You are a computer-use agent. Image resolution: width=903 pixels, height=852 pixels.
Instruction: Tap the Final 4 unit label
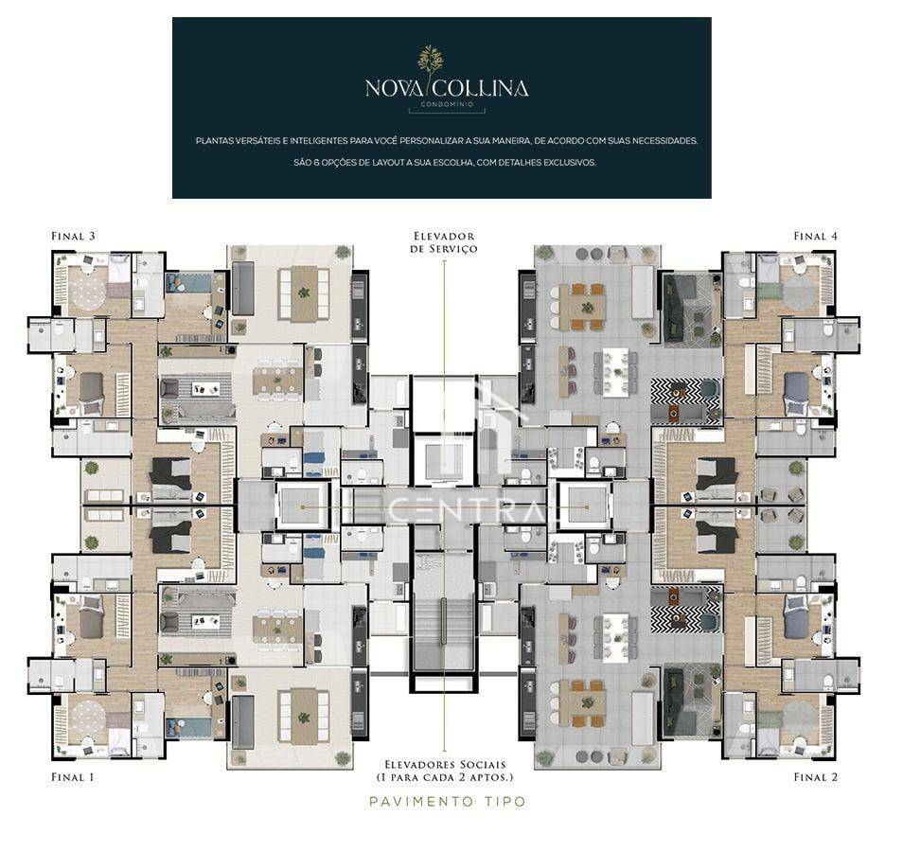pyautogui.click(x=816, y=236)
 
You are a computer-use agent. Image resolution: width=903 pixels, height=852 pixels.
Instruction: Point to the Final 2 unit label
pyautogui.click(x=816, y=777)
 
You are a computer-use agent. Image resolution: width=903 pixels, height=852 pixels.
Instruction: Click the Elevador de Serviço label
pyautogui.click(x=445, y=241)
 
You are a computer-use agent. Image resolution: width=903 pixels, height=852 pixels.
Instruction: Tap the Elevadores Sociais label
pyautogui.click(x=445, y=771)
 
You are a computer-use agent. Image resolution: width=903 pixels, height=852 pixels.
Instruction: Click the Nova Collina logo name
pyautogui.click(x=447, y=89)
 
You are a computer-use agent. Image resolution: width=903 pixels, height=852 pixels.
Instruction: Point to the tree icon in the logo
pyautogui.click(x=431, y=62)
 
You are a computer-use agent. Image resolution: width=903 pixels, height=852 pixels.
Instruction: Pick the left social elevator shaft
pyautogui.click(x=303, y=506)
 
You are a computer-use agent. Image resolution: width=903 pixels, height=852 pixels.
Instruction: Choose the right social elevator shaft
pyautogui.click(x=586, y=506)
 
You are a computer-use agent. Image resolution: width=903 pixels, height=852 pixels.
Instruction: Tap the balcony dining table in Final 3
pyautogui.click(x=304, y=293)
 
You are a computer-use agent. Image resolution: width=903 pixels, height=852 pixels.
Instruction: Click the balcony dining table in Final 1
pyautogui.click(x=304, y=718)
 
